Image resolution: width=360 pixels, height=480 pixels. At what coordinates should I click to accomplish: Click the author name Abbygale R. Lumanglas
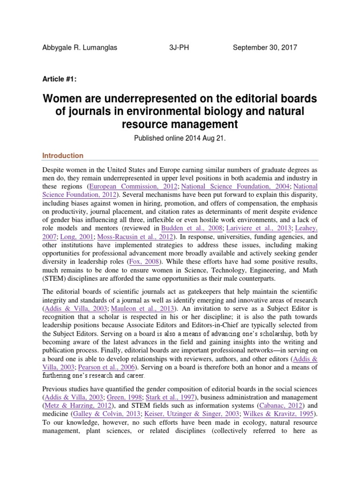click(79, 48)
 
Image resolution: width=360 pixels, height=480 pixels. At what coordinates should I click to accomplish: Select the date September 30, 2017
click(265, 48)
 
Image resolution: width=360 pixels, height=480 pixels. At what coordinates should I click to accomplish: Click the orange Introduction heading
click(63, 156)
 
